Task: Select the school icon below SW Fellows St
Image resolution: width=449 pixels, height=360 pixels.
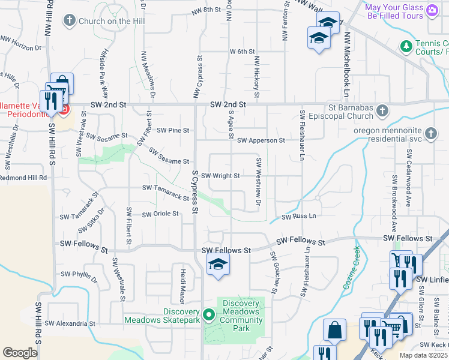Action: pyautogui.click(x=218, y=264)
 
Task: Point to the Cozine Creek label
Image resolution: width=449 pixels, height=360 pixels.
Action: pyautogui.click(x=352, y=268)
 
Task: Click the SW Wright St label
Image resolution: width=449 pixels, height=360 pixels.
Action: pyautogui.click(x=220, y=176)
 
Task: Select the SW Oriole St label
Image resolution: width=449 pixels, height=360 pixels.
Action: pyautogui.click(x=160, y=214)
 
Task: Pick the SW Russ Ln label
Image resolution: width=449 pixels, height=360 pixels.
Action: pyautogui.click(x=298, y=215)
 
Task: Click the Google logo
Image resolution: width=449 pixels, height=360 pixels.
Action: pyautogui.click(x=20, y=352)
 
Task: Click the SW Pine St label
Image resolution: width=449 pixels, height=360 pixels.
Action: pyautogui.click(x=173, y=130)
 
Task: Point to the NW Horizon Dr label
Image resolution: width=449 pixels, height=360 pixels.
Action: pyautogui.click(x=23, y=43)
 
